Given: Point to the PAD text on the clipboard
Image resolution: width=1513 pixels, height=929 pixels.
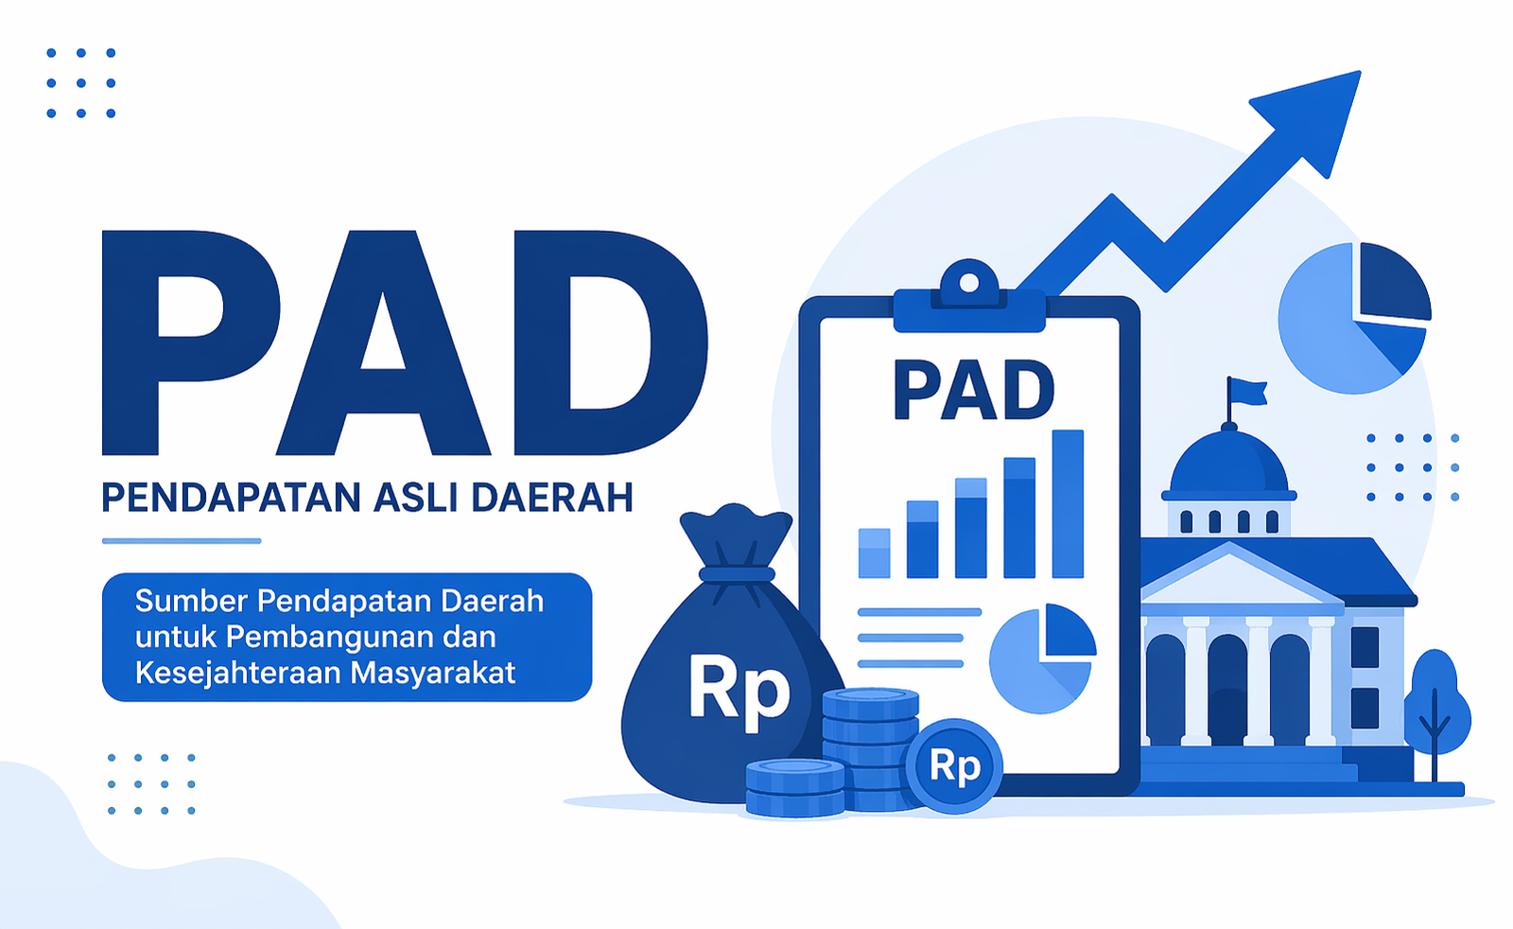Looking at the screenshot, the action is pyautogui.click(x=973, y=390).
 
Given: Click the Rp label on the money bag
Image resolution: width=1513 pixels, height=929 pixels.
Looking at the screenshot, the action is pyautogui.click(x=739, y=691).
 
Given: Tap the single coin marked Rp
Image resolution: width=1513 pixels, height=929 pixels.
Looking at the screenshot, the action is pyautogui.click(x=954, y=765).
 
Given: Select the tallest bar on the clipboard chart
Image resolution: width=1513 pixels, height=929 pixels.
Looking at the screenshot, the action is pyautogui.click(x=1068, y=504).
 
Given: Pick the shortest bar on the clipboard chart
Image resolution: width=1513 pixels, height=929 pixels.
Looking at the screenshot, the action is pyautogui.click(x=874, y=553).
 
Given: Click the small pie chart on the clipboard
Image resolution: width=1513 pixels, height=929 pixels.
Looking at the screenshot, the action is pyautogui.click(x=1042, y=658).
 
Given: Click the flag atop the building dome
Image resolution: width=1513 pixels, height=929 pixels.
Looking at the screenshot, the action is pyautogui.click(x=1247, y=392).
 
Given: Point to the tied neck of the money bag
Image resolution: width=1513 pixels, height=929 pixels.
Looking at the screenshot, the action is pyautogui.click(x=737, y=574).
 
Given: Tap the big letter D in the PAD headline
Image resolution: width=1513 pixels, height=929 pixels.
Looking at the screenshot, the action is pyautogui.click(x=609, y=342).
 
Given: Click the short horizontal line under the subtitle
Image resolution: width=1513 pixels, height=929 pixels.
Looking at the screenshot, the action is pyautogui.click(x=182, y=541).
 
